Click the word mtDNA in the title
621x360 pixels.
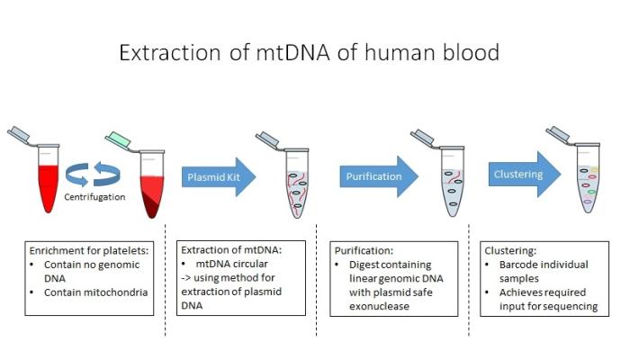point(292,52)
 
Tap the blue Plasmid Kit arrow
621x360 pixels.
point(219,176)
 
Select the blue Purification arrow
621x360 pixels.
point(379,176)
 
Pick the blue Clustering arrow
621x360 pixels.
point(525,174)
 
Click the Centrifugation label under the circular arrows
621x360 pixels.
point(94,197)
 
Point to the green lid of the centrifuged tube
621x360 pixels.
point(118,139)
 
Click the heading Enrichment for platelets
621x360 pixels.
point(89,251)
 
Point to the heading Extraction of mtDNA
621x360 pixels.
point(231,250)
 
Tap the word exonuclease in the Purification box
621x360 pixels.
point(379,306)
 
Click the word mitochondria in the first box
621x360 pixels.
point(119,292)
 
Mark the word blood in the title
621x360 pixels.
point(471,52)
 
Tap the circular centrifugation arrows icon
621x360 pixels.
point(93,174)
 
